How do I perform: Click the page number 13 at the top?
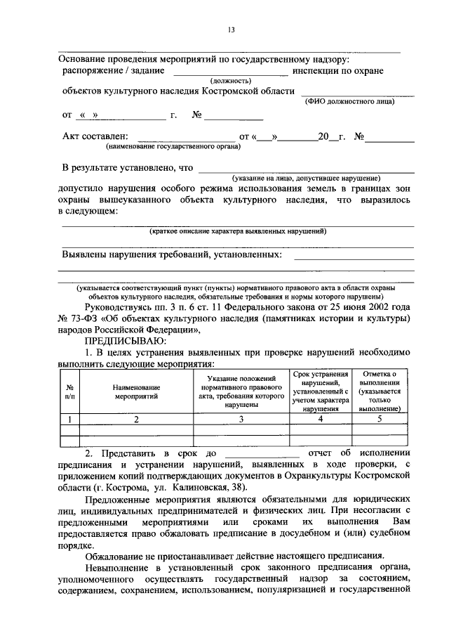pos(230,29)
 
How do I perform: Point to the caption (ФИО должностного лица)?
pos(349,102)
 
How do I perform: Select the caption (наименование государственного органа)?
pos(173,147)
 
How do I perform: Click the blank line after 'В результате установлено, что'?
pos(306,169)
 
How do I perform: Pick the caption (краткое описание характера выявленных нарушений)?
pos(238,232)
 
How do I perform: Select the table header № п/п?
pos(69,391)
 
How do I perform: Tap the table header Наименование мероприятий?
pos(138,391)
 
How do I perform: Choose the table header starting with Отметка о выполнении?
pos(379,391)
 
